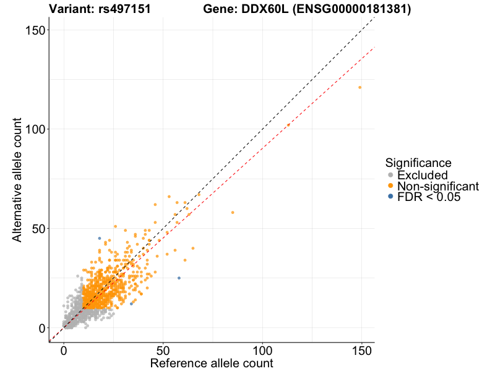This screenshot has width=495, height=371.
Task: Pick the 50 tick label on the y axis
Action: (x=39, y=229)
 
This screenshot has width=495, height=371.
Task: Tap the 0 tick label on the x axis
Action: (x=64, y=350)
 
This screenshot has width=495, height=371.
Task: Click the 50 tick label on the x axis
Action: (x=163, y=350)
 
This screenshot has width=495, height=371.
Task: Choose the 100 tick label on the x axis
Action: (x=262, y=350)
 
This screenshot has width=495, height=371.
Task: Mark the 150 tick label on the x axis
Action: (x=361, y=350)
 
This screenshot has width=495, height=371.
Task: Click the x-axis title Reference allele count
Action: (x=211, y=363)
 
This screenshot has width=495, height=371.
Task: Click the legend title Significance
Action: (x=418, y=163)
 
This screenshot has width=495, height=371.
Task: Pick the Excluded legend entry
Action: (x=422, y=176)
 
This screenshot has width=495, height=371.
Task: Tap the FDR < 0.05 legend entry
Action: (x=429, y=197)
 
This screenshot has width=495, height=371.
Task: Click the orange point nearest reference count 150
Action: (x=359, y=87)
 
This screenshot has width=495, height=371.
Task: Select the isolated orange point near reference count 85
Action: (x=233, y=213)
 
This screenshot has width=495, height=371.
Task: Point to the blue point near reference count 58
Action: (x=179, y=278)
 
